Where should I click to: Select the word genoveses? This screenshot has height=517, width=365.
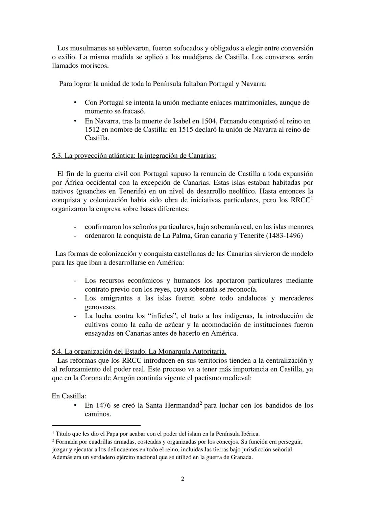pyautogui.click(x=100, y=307)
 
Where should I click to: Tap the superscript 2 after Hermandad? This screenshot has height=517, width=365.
pyautogui.click(x=201, y=403)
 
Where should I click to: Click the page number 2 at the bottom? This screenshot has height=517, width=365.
pyautogui.click(x=182, y=479)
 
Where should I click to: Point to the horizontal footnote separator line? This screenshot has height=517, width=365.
pyautogui.click(x=96, y=425)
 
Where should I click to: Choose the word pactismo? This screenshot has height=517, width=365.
pyautogui.click(x=209, y=378)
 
